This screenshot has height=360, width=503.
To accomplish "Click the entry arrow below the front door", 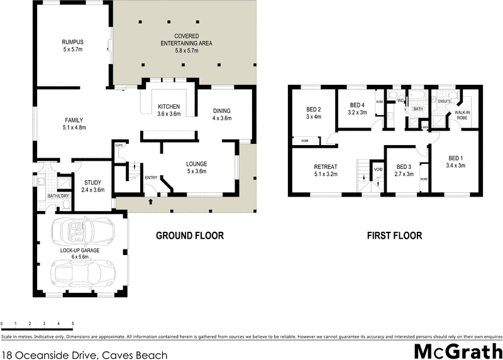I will [150, 202].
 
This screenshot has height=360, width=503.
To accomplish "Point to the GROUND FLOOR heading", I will [190, 236].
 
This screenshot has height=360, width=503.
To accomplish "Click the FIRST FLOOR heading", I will [394, 236].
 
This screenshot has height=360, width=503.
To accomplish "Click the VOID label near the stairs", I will [378, 169].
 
